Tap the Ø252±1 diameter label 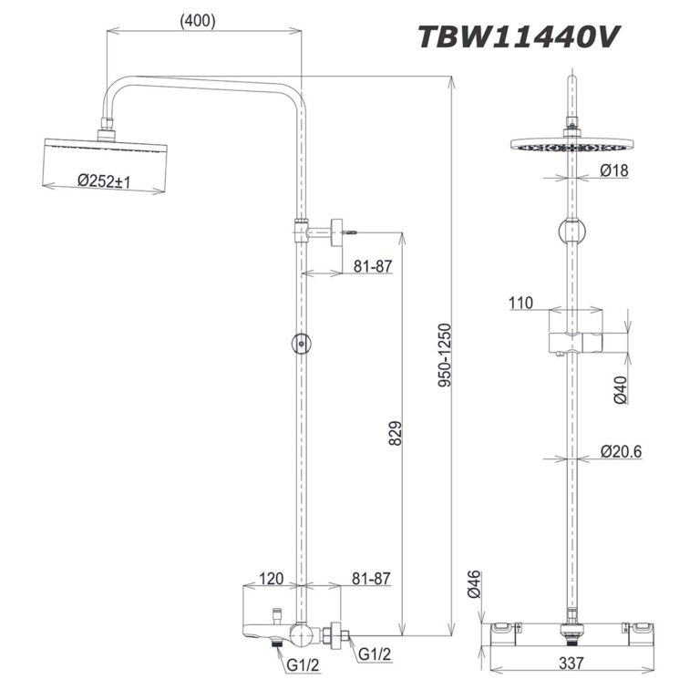point(104,181)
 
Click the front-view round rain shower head point(571,144)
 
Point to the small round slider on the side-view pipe point(301,344)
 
